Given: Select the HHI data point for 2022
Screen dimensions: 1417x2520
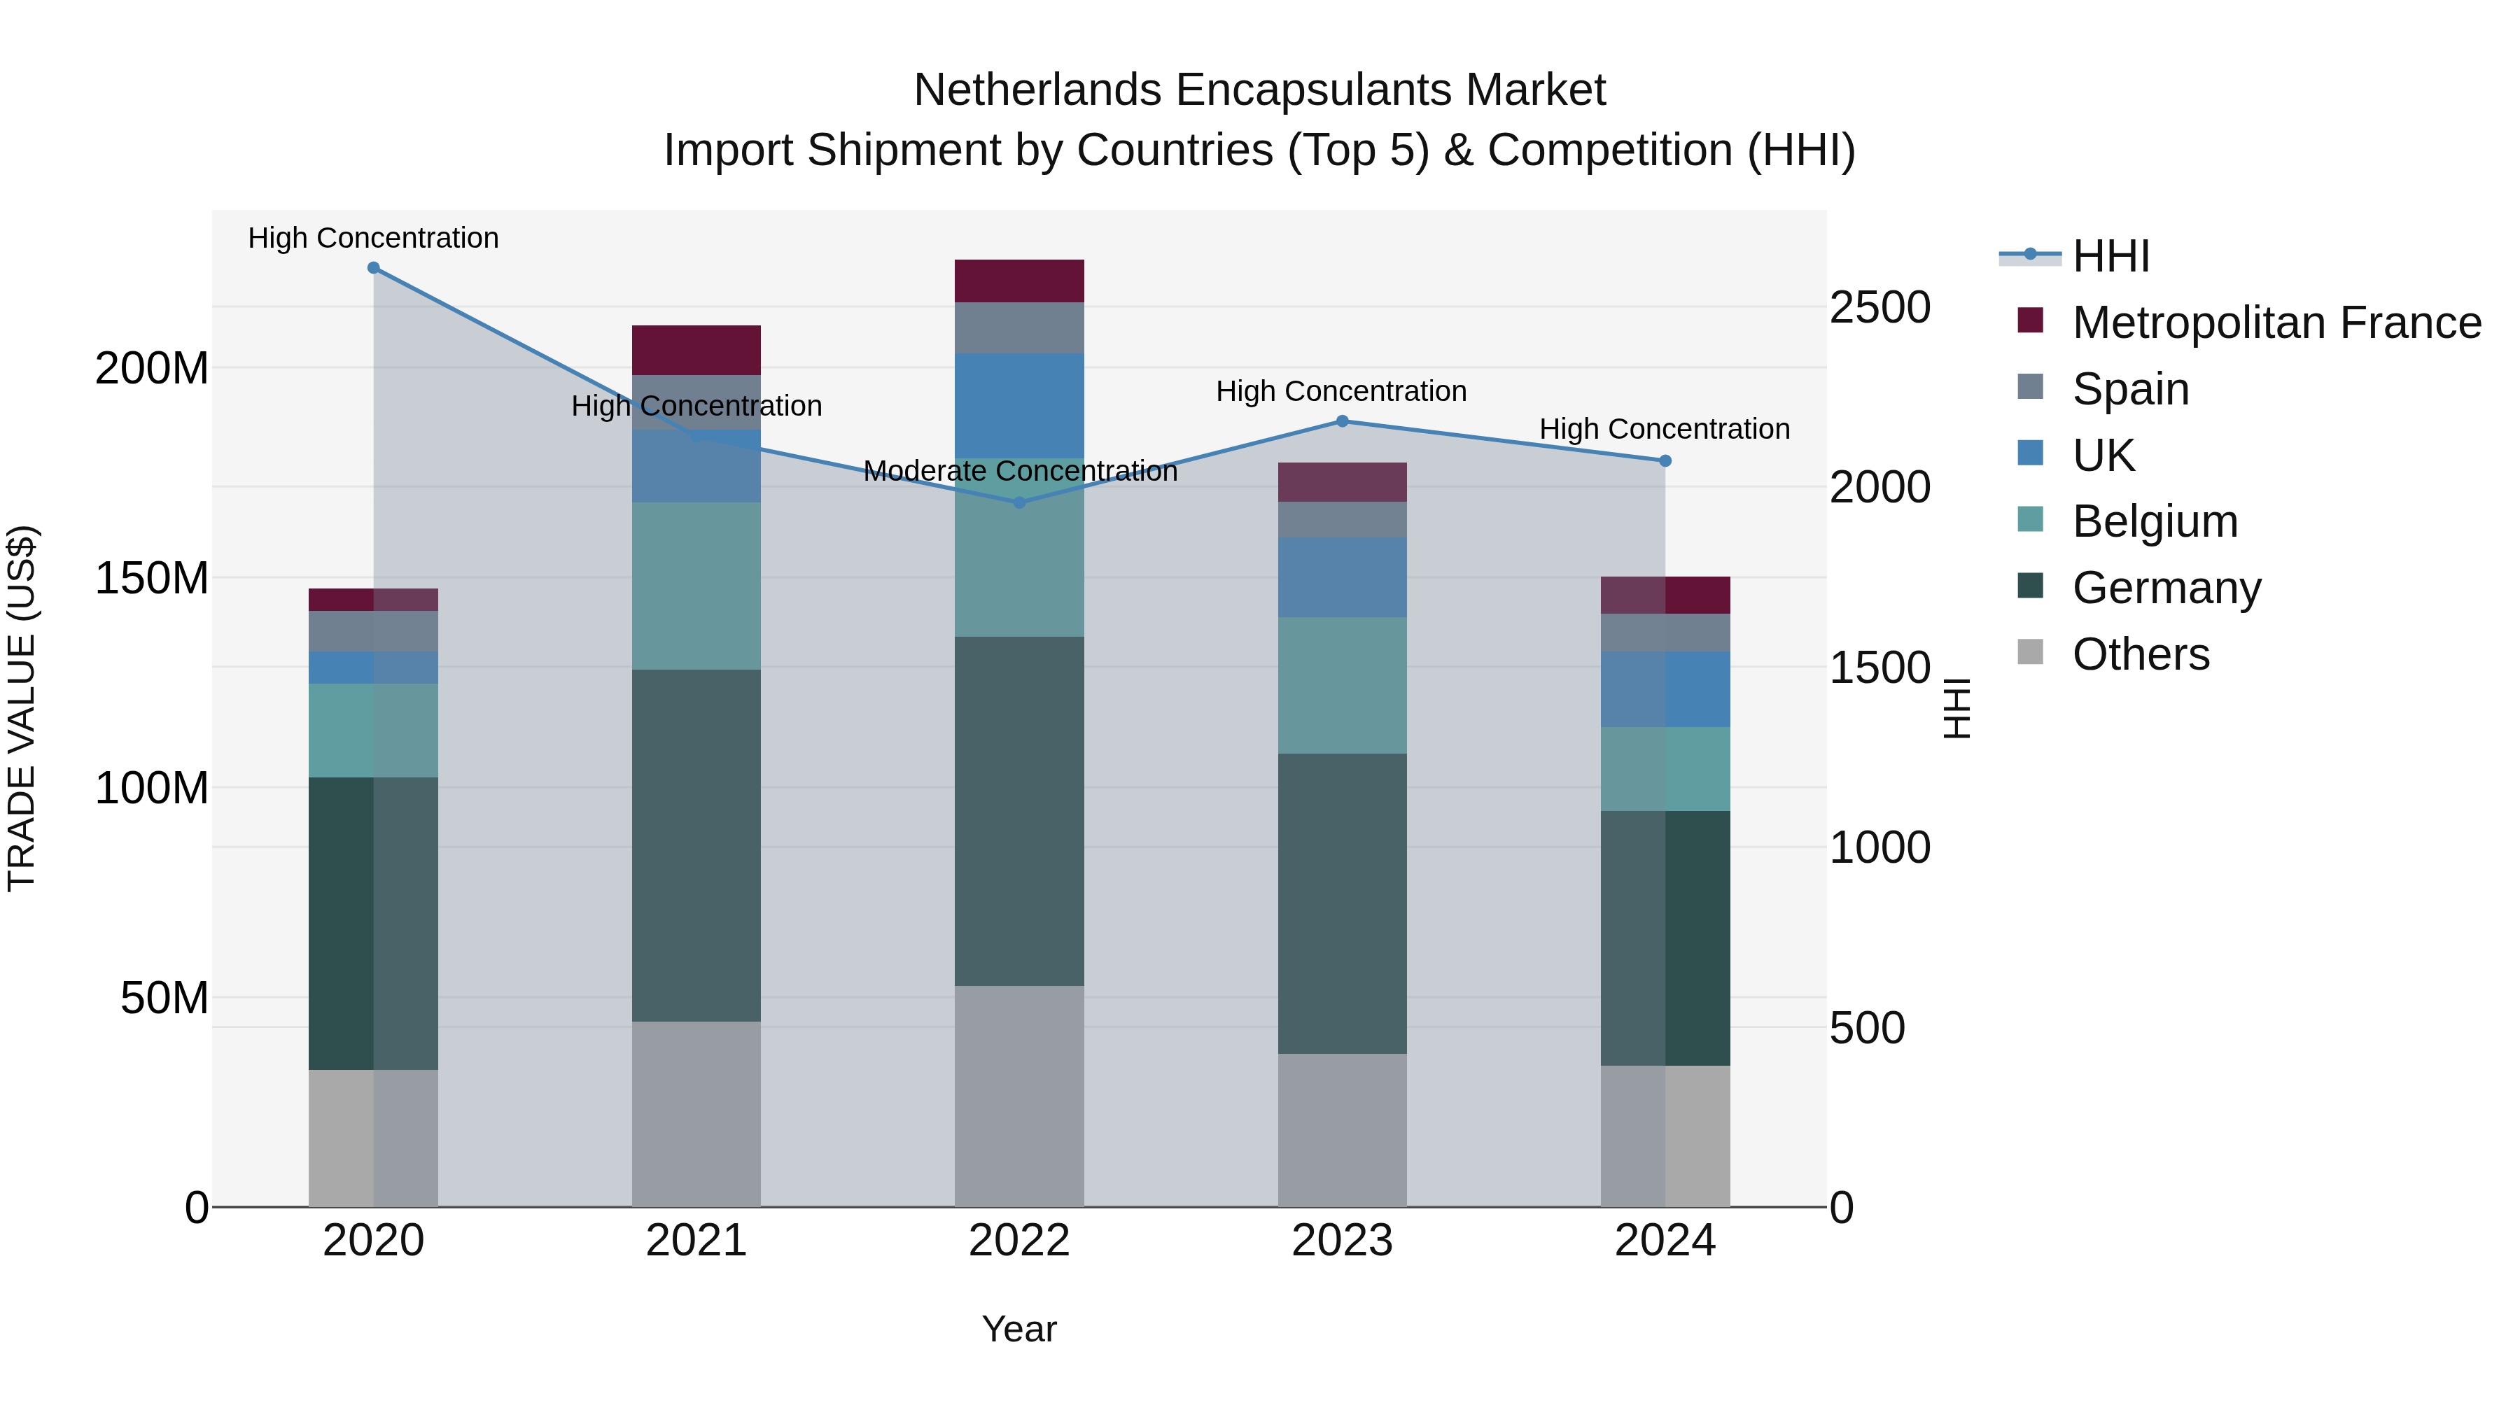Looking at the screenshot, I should coord(1018,502).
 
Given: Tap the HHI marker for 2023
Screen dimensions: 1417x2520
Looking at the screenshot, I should coord(1342,421).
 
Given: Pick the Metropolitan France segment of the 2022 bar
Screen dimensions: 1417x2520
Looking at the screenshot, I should coord(1018,281).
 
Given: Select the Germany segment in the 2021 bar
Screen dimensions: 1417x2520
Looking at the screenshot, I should coord(696,846).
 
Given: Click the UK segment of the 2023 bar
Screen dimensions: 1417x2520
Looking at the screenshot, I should coord(1342,577).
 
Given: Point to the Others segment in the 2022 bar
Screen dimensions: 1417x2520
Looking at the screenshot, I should coord(1018,1095).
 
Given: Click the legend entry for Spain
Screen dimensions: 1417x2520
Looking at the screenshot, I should coord(2129,389).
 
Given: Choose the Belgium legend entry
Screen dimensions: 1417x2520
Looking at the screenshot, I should coord(2154,521).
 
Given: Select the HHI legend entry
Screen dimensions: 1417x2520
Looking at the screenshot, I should coord(2110,256).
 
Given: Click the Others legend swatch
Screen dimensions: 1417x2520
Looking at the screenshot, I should coord(2030,652).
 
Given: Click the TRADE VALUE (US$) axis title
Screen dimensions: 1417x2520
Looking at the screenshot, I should coord(22,708).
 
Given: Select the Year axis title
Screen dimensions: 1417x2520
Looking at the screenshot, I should coord(1018,1329).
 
